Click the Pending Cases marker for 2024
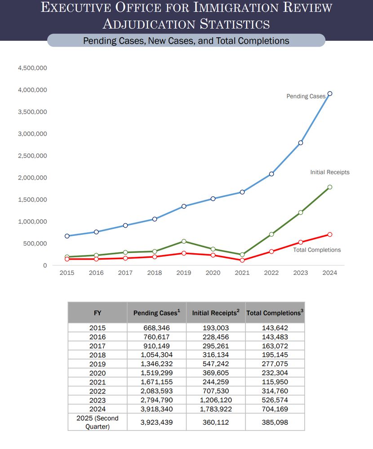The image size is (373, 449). [330, 94]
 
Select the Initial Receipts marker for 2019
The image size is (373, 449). [184, 242]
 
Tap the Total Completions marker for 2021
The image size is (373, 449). [242, 260]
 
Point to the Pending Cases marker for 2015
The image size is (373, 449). [67, 236]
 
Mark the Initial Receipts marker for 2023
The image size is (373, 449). [301, 212]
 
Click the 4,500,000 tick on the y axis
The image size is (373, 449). [32, 68]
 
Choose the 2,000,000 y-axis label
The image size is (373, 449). [32, 178]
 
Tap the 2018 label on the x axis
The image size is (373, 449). [155, 273]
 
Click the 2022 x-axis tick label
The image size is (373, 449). [271, 273]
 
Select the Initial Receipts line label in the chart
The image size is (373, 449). [330, 172]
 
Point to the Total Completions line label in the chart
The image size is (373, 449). [317, 250]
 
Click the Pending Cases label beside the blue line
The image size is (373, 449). [306, 96]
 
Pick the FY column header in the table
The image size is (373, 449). [98, 313]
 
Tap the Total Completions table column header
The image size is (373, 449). [275, 313]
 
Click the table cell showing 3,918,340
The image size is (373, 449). [156, 409]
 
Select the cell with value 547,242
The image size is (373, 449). [216, 364]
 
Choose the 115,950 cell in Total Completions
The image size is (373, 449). [275, 382]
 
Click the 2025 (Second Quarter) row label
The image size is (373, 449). [98, 423]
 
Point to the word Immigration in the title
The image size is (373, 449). [235, 7]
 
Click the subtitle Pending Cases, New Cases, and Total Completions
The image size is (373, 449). [186, 41]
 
